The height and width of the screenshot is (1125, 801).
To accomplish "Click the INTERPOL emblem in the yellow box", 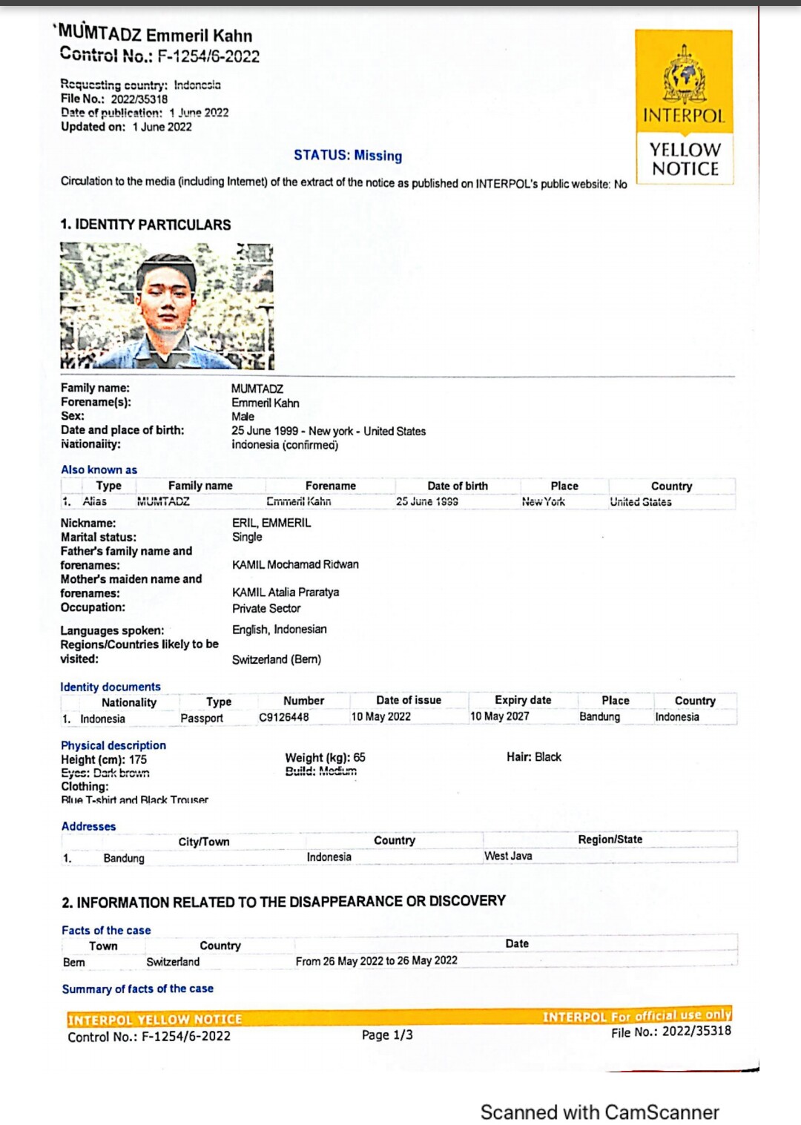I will [x=684, y=75].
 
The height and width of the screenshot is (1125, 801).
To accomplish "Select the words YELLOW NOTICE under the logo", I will [x=685, y=159].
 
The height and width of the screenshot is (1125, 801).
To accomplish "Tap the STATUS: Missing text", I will [x=348, y=155].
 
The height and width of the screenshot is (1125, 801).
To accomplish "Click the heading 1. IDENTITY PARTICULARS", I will [x=145, y=225].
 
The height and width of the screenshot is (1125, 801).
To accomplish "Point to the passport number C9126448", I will [x=283, y=717].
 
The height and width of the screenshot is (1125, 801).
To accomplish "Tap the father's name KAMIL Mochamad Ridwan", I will [x=295, y=564].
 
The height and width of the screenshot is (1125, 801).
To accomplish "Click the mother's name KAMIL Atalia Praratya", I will [x=286, y=592].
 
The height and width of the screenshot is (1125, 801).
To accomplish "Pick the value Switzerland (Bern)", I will [x=276, y=659].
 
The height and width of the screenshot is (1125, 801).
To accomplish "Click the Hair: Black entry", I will [x=534, y=756].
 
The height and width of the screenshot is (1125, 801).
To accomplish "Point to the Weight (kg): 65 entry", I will [x=325, y=757].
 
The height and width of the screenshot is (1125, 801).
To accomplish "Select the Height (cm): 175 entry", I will [x=104, y=759].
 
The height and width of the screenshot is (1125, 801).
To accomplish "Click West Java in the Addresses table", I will [x=508, y=856].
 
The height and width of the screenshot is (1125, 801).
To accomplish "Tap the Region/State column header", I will [x=610, y=839].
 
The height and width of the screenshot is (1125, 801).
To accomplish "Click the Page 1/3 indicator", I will [x=387, y=1035].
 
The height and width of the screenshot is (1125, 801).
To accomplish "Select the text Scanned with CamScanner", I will [x=599, y=1112].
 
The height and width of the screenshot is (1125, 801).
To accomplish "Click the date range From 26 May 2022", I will [x=376, y=961].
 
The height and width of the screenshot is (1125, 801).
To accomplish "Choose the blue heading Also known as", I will [x=99, y=469].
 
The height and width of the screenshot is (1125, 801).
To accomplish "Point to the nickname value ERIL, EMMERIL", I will [x=271, y=523].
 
